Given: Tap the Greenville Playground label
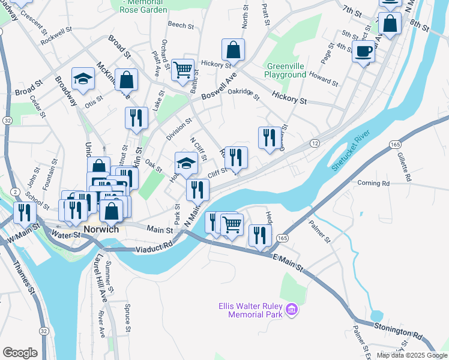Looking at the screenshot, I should click(x=286, y=70).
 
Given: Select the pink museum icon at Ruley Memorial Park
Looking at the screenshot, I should click(x=292, y=310).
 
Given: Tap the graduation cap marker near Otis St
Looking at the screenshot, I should click(x=83, y=79).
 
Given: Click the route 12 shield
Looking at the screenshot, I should click(x=315, y=143).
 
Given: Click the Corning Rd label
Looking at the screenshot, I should click(x=373, y=183).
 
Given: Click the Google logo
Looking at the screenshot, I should click(x=20, y=353).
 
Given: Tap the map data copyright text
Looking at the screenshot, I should click(x=411, y=355).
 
